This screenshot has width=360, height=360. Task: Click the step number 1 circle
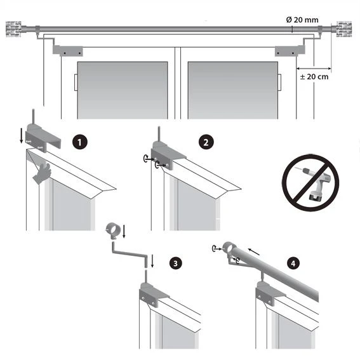coord(78,142)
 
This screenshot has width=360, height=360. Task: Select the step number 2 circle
coord(204,142)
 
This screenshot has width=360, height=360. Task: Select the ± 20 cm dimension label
coord(314,77)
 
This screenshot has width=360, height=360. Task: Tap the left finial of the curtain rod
coord(14,29)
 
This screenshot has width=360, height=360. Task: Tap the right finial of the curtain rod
coord(344,29)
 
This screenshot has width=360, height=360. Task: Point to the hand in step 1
coord(43,172)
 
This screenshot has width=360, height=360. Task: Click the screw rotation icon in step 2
coord(147,160)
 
